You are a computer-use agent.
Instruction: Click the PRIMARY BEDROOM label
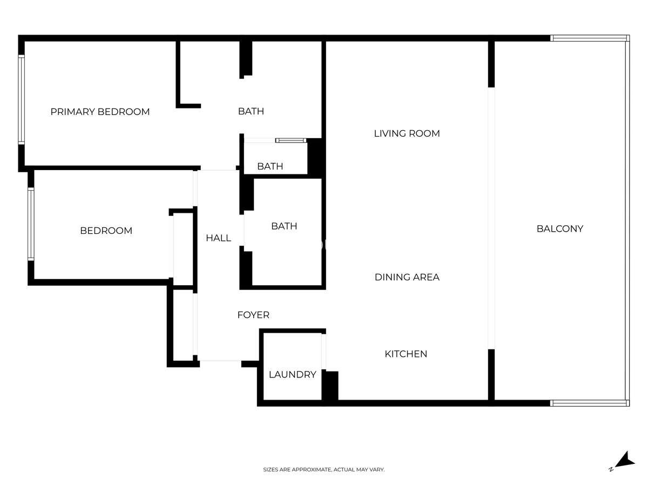coord(100,112)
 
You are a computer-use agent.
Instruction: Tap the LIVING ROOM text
coord(407,134)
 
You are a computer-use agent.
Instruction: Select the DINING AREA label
coord(407,277)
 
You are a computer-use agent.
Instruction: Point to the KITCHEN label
coord(406,354)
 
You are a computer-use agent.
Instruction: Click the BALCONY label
coord(560,228)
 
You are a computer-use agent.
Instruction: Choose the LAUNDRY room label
coord(293,375)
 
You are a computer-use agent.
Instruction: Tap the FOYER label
coord(253,315)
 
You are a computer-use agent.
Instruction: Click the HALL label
coord(219,238)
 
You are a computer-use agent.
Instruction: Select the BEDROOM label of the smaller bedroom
coord(106,231)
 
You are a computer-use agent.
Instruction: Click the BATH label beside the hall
coord(284,226)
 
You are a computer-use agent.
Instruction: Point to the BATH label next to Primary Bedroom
coord(251,112)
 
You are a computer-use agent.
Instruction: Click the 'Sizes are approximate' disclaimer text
coord(324,469)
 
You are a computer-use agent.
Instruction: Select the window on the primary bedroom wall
coord(21,100)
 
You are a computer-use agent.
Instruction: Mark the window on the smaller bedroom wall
coord(31,224)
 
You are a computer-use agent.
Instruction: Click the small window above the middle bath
coord(291,140)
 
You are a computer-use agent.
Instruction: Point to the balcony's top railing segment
coord(590,38)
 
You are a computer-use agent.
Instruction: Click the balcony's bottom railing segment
coord(590,403)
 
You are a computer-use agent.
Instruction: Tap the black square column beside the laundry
coord(330,386)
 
